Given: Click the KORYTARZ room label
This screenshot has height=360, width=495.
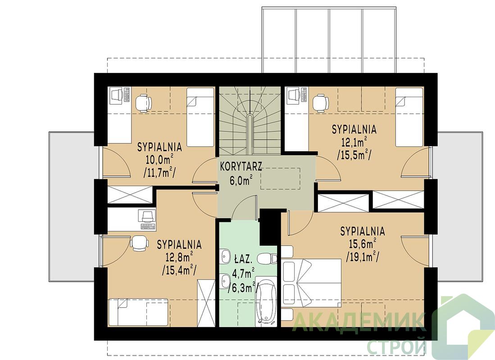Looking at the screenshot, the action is [241, 166].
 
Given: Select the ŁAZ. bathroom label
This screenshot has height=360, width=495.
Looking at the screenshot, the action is [243, 260].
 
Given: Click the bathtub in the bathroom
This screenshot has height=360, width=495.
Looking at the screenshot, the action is [266, 300].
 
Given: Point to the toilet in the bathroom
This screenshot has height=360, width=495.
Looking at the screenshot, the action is [267, 259].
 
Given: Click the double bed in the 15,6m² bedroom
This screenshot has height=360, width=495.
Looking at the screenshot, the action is [311, 283].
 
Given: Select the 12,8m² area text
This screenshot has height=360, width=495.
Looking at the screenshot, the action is [179, 257].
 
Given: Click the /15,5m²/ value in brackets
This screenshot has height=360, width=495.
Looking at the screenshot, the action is [354, 155].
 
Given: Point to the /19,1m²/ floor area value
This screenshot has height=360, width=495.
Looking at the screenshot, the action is [363, 257].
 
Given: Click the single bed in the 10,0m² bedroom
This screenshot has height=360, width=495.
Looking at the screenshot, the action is [200, 117].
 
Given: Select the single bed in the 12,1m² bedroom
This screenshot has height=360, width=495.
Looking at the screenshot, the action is [409, 117].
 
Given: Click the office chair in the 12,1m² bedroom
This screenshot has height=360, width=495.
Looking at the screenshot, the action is [321, 103].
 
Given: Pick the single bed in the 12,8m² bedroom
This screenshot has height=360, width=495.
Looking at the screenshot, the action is [138, 311].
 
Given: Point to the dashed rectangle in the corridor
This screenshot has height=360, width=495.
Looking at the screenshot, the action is [280, 179].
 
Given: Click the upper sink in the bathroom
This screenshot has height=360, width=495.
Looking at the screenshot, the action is [225, 256].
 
